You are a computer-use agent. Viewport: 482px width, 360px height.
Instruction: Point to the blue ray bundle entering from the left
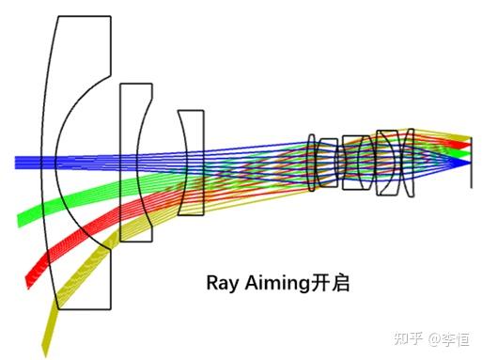(x=28, y=162)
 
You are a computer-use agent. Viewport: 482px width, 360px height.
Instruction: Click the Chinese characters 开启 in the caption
(x=332, y=283)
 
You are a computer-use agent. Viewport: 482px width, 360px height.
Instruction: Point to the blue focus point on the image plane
(x=469, y=162)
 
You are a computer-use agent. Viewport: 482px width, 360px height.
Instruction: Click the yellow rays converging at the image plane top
(x=460, y=136)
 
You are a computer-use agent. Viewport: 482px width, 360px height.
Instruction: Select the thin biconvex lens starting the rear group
(x=313, y=164)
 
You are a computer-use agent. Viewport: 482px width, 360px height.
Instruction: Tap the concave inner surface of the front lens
(x=58, y=160)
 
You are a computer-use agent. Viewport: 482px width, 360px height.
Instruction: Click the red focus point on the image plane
(x=469, y=144)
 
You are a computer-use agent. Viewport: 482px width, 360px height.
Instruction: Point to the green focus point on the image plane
(x=469, y=152)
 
